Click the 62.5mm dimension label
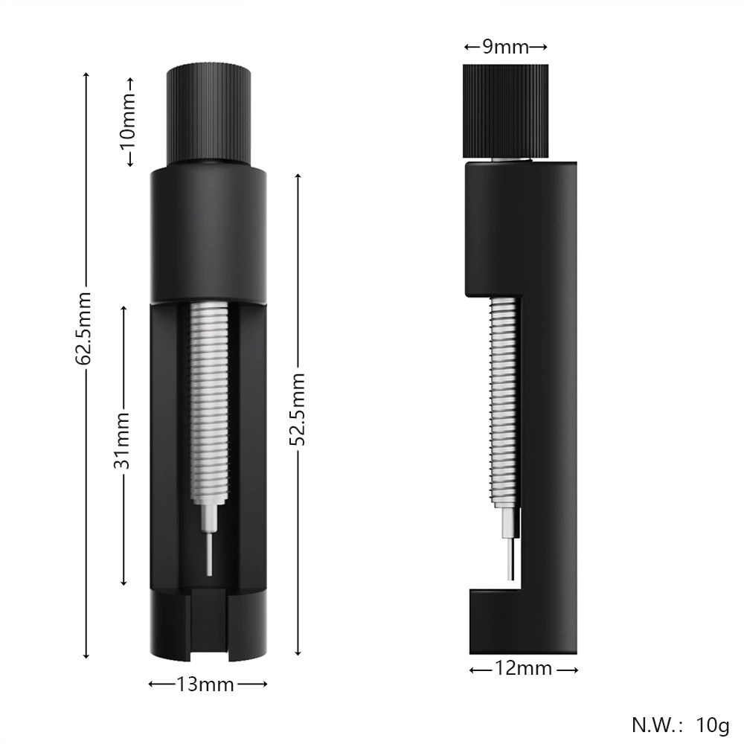pyautogui.click(x=83, y=328)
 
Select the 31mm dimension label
pyautogui.click(x=122, y=440)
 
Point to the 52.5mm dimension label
pyautogui.click(x=298, y=409)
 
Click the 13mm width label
pyautogui.click(x=205, y=684)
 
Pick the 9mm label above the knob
pyautogui.click(x=506, y=46)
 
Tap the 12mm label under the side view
pyautogui.click(x=523, y=669)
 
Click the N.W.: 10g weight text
pyautogui.click(x=681, y=725)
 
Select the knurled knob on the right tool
pyautogui.click(x=505, y=111)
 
